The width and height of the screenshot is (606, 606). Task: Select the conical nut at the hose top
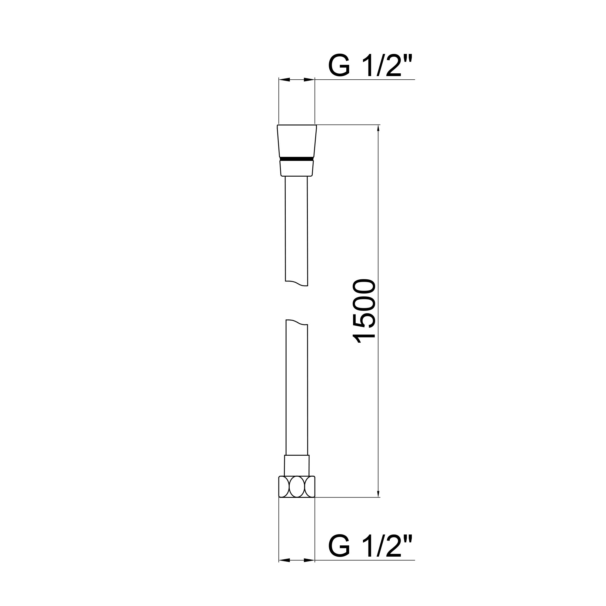[297, 141]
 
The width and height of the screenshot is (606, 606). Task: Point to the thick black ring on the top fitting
[297, 159]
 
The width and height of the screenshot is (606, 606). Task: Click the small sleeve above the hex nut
[297, 465]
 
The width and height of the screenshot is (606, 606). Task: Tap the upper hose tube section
[296, 229]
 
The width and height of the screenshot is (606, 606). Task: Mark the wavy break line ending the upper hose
[297, 284]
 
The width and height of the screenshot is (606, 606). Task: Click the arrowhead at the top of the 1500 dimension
[378, 129]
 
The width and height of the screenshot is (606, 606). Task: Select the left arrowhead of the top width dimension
[284, 80]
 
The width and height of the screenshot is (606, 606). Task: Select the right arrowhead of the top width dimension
[309, 80]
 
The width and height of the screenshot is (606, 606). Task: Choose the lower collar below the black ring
[297, 168]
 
